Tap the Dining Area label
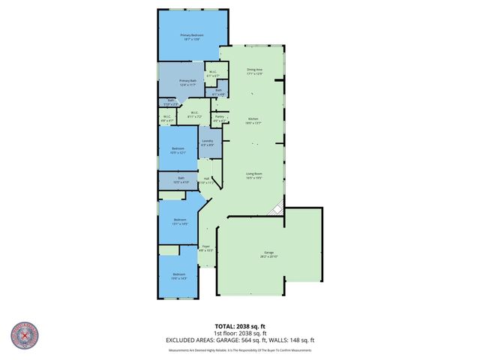pos(254,71)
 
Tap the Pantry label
pos(220,117)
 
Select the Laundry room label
pos(208,142)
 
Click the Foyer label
pos(205,248)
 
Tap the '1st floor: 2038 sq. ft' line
pos(239,334)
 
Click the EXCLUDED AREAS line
pos(239,340)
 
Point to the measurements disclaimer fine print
pos(239,350)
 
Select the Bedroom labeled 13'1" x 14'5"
pos(179,221)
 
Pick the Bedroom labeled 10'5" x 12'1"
pos(178,151)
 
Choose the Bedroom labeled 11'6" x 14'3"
pos(178,276)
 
